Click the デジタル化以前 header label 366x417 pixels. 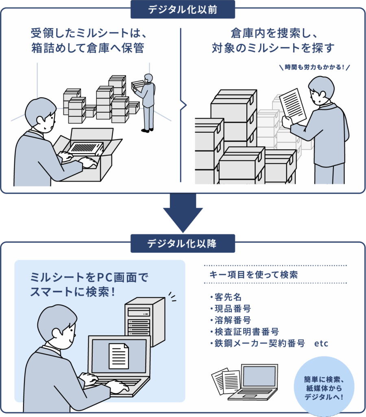point(183,9)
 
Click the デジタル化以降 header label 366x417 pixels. point(183,243)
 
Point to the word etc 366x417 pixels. point(321,343)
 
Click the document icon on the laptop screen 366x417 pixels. point(119,355)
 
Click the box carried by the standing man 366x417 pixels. point(138,84)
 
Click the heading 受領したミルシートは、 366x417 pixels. point(88,32)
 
